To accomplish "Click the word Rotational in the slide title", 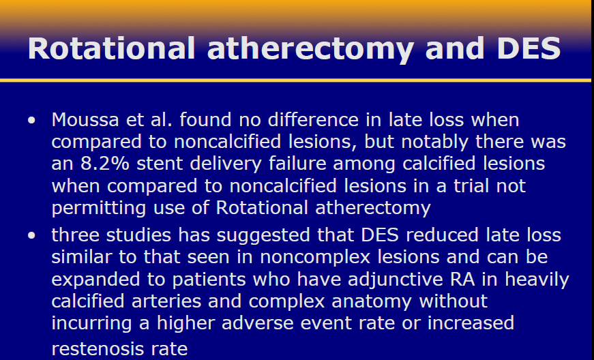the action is [x=111, y=48].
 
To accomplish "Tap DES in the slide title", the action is [x=529, y=48].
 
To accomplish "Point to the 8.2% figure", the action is [x=105, y=164].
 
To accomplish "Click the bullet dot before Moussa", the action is [x=31, y=121].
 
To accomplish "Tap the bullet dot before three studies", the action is [x=31, y=235].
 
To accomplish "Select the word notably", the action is [x=435, y=142].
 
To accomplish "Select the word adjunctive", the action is [x=396, y=280].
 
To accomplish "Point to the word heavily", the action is [x=537, y=280].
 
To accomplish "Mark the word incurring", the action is [x=91, y=324].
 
